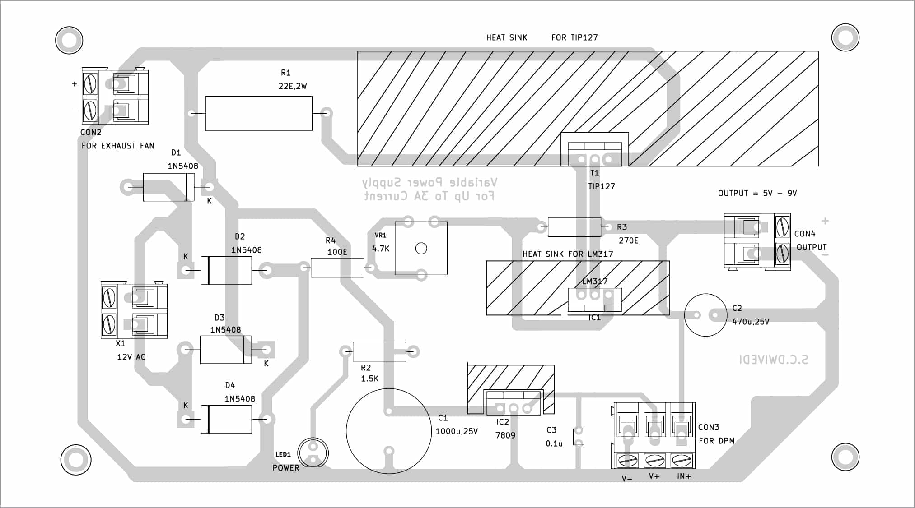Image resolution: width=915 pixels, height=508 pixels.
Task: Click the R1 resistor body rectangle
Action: coord(258,113)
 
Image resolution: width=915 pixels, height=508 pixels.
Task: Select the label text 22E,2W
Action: coord(292,86)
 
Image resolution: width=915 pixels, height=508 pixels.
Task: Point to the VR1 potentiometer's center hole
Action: coord(421,248)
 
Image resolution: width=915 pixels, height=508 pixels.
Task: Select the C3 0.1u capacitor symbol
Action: coord(579,437)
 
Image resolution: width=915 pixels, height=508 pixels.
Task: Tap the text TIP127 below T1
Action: coord(601,186)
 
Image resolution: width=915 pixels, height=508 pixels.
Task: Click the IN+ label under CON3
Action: coord(684,476)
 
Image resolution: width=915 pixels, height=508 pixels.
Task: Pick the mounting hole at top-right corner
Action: coord(845,37)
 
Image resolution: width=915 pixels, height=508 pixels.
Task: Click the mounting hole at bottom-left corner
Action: coord(76,460)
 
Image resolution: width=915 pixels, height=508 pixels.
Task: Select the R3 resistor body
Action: coord(574,227)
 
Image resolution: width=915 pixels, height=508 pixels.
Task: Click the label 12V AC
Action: coord(131,357)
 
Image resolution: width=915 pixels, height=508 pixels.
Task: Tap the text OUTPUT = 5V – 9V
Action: coord(757,193)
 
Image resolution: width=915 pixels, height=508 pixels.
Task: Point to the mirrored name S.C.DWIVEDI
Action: coord(773,360)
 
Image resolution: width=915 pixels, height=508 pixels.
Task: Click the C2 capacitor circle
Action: coord(705,315)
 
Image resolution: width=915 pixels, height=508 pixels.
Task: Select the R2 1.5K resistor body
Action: coord(379,351)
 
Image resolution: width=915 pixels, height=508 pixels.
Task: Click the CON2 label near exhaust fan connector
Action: coord(91,132)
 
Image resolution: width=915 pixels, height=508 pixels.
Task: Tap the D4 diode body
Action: coord(226,419)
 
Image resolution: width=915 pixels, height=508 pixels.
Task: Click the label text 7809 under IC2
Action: coord(505,435)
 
